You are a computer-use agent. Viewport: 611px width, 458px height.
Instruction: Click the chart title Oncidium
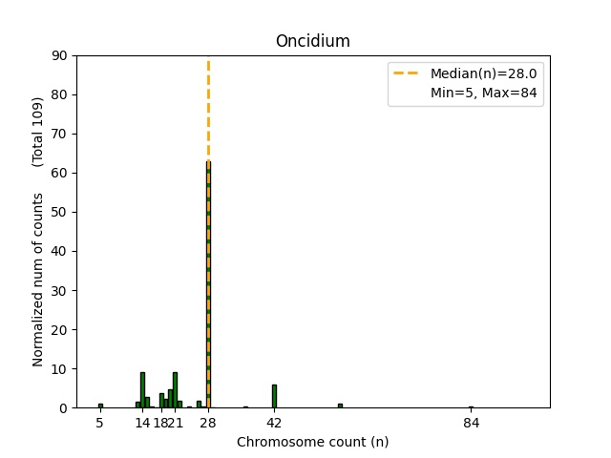312,41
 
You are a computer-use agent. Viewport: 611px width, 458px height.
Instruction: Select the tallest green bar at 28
208,286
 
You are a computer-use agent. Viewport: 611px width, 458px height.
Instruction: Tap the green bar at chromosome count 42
274,396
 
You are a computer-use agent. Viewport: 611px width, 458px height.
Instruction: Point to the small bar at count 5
100,406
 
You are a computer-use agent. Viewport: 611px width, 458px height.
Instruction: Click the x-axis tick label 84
471,423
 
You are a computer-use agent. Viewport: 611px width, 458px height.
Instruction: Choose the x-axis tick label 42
274,423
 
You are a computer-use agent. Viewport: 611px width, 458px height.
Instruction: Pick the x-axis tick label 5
100,423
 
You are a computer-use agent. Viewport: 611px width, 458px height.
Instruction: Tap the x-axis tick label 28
208,423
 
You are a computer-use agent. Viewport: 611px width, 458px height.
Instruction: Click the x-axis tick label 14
142,423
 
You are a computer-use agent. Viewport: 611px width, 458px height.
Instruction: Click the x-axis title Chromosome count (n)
312,442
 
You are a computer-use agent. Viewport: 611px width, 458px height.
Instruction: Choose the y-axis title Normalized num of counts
38,280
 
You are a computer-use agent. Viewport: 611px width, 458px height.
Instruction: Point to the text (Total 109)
38,132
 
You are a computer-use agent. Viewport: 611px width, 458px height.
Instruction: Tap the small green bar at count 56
340,406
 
